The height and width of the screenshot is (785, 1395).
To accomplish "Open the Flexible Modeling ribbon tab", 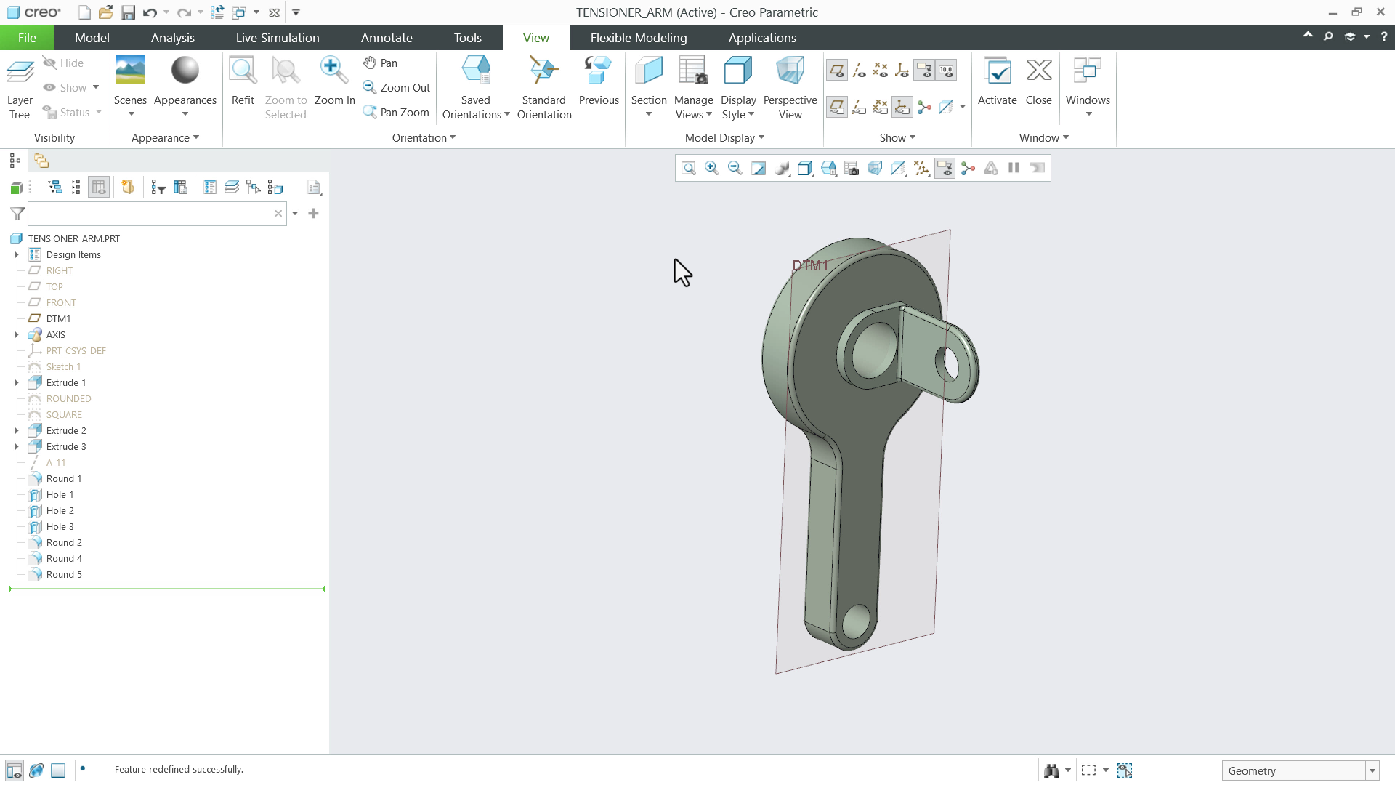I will click(638, 38).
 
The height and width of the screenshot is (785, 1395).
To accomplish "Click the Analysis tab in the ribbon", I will click(172, 38).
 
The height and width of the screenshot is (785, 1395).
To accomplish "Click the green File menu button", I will click(27, 38).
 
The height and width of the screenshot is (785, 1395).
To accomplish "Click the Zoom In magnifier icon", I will click(333, 71).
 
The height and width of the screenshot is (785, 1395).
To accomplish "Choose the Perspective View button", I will click(790, 71).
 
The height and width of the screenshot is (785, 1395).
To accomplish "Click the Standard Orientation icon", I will click(543, 71).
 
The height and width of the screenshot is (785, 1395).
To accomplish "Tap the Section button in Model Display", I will click(648, 71).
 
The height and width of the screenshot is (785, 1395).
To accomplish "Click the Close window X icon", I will click(1038, 71).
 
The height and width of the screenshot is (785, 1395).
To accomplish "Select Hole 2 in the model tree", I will click(60, 511).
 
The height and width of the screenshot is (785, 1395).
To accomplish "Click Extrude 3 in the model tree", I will click(66, 447).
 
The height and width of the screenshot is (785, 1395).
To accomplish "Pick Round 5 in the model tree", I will click(64, 575).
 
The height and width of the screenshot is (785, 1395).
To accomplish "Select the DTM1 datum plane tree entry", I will click(58, 319).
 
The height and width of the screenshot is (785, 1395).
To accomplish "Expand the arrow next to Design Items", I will click(17, 255).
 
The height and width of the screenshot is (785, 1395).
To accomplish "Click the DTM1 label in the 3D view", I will click(809, 266).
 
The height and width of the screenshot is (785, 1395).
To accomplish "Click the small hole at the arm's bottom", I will click(856, 622).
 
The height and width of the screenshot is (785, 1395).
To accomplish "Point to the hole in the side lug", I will click(948, 364).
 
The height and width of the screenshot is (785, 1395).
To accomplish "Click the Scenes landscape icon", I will click(130, 71).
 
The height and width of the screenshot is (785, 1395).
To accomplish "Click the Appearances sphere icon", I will click(185, 71).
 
